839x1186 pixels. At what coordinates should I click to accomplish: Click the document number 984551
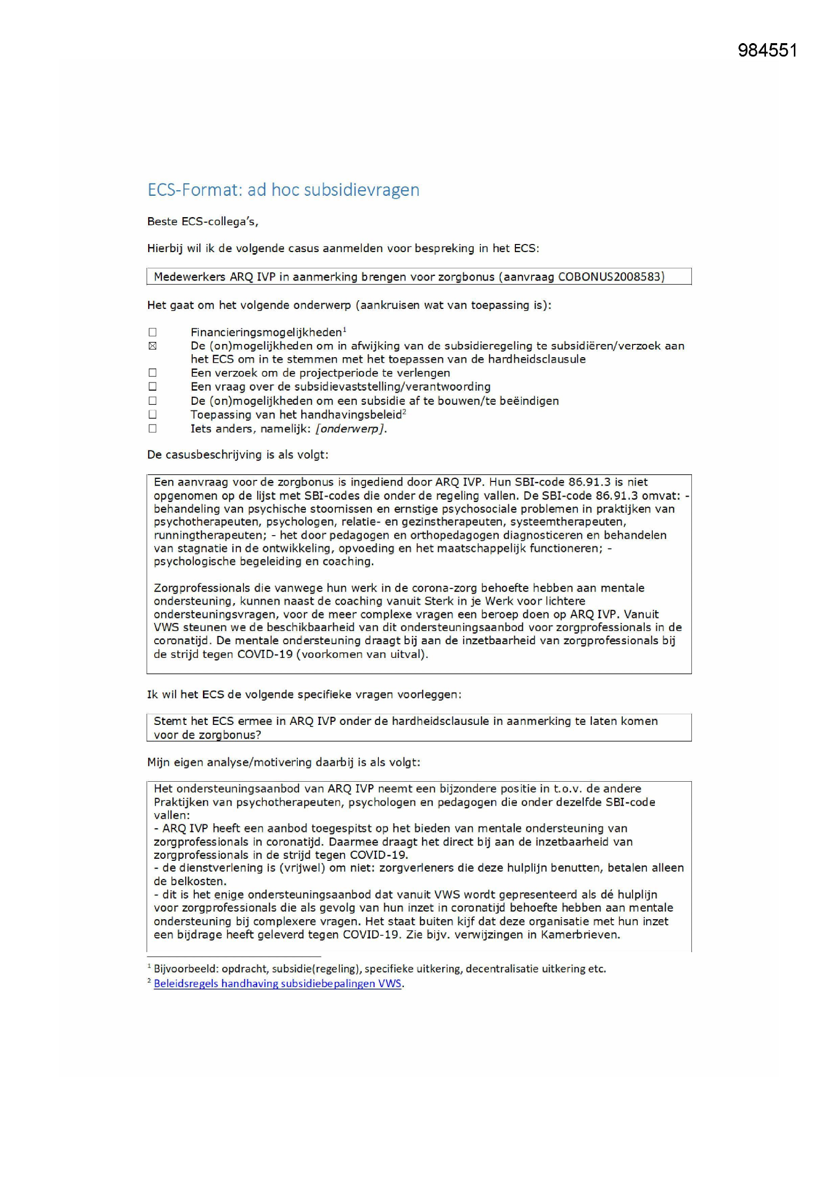767,50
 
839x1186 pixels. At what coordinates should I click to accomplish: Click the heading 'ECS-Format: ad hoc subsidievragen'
283,190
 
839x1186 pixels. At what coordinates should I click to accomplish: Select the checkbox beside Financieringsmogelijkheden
152,332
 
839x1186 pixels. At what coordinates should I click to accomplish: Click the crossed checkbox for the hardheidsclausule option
152,346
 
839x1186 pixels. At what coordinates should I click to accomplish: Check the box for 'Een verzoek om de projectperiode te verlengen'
152,373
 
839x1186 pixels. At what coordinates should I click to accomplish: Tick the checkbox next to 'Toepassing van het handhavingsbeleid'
152,414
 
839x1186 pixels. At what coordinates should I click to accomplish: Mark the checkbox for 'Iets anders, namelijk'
152,428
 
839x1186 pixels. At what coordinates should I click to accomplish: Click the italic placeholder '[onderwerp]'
351,429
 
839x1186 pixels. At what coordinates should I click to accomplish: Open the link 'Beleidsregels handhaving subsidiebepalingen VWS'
277,984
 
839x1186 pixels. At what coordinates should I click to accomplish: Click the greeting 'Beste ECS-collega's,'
202,222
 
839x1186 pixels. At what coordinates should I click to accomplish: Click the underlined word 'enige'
228,895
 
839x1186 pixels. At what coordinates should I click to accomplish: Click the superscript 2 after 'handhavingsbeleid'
404,411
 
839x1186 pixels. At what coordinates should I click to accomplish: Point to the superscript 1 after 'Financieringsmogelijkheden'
344,329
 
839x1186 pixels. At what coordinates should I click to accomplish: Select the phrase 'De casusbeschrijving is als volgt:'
237,455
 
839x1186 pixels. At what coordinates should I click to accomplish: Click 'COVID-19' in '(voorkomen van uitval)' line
264,654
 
